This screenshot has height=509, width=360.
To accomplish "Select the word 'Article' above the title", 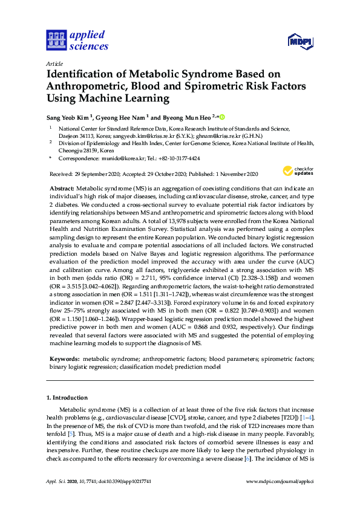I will [54, 63].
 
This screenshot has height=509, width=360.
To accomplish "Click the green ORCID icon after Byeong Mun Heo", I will [222, 117].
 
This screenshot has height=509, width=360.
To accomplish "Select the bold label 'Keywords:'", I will [65, 359].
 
